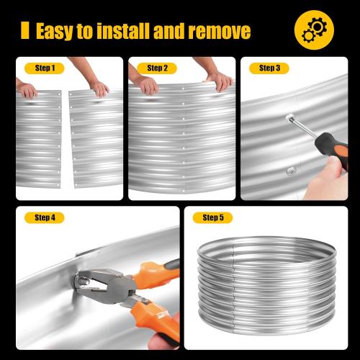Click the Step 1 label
click(45, 68)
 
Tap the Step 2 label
click(157, 68)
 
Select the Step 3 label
click(269, 68)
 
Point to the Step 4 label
click(45, 217)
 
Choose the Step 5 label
click(212, 217)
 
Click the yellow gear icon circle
click(314, 30)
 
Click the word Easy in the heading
click(55, 31)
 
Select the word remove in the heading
click(220, 31)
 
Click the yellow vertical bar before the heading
click(25, 30)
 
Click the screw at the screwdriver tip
click(289, 117)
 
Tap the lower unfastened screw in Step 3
click(291, 171)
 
